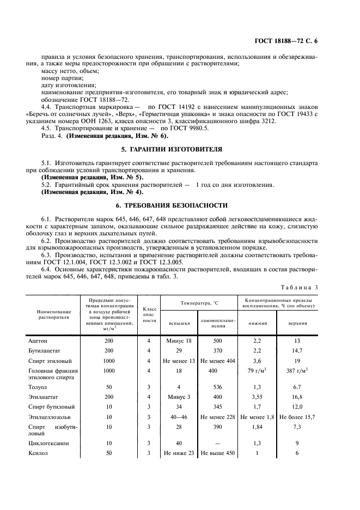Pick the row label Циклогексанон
click(x=48, y=443)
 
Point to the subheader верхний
click(x=297, y=323)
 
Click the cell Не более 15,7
click(x=297, y=417)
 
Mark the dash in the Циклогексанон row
click(x=218, y=443)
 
